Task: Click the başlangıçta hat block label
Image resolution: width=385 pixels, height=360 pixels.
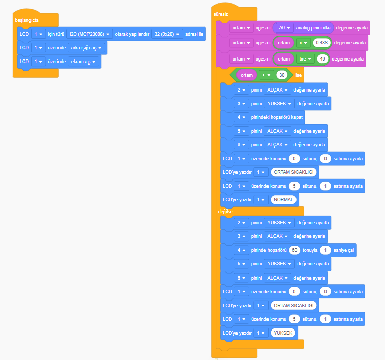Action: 26,20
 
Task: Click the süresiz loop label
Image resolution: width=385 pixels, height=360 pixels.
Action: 221,15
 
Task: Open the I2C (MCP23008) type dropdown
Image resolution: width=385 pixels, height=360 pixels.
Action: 89,34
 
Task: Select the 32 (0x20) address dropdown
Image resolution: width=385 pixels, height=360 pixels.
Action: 167,34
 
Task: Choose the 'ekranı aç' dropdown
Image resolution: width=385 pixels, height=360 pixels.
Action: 84,62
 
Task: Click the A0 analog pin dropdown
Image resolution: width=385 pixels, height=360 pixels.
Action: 284,28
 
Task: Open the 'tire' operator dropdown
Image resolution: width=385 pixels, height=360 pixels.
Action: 305,59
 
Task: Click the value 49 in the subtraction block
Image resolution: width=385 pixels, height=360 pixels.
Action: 322,59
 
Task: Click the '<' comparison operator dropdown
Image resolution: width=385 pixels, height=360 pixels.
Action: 265,75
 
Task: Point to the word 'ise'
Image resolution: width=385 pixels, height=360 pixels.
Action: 299,75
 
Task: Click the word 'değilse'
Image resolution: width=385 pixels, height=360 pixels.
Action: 226,211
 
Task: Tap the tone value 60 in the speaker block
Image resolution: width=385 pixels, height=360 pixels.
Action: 294,250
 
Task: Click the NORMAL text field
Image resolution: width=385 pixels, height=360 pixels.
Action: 284,200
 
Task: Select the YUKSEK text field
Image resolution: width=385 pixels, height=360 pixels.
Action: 284,333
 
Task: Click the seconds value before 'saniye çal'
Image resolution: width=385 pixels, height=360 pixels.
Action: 325,250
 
